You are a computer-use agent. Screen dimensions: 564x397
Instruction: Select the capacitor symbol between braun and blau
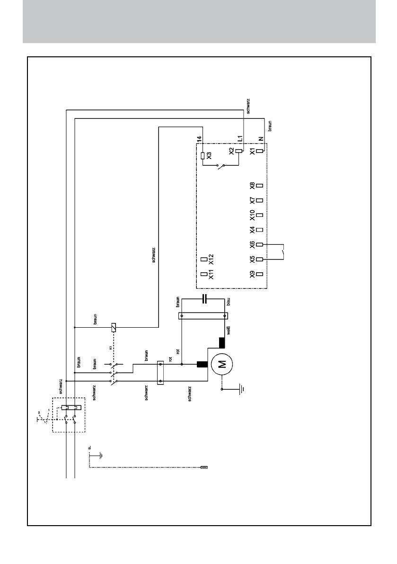pos(204,299)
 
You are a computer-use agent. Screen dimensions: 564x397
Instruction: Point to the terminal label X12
pos(212,259)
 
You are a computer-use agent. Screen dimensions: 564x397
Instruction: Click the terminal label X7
pos(252,201)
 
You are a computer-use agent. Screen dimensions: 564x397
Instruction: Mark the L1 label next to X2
pos(240,139)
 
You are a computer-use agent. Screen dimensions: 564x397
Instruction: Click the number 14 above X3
pos(200,139)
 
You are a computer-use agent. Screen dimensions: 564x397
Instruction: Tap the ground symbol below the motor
pos(240,390)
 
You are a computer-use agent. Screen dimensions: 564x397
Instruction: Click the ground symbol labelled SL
pos(100,456)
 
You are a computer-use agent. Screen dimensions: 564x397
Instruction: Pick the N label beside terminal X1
pos(260,139)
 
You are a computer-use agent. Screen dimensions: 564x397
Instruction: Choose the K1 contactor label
pos(110,348)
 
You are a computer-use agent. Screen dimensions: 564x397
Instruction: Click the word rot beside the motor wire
pos(178,351)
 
